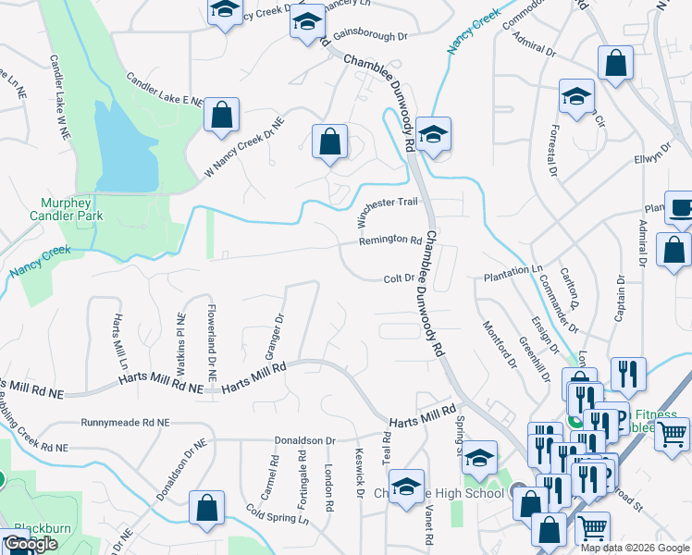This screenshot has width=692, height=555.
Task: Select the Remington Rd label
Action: pos(390,240)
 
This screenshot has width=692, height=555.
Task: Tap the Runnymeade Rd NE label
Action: pos(126,422)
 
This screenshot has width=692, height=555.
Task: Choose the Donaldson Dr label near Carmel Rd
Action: pos(303,440)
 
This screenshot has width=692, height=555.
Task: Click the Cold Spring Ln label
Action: pos(278,514)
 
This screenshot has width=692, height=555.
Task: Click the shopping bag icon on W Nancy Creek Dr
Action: pos(221,115)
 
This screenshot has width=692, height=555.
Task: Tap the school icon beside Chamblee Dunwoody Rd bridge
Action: pos(432,134)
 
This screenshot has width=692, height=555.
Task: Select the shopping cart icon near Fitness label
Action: pos(672,432)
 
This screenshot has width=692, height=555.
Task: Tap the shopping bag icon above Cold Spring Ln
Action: pos(206,508)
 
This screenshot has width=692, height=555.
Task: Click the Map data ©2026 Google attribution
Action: pos(635,548)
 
